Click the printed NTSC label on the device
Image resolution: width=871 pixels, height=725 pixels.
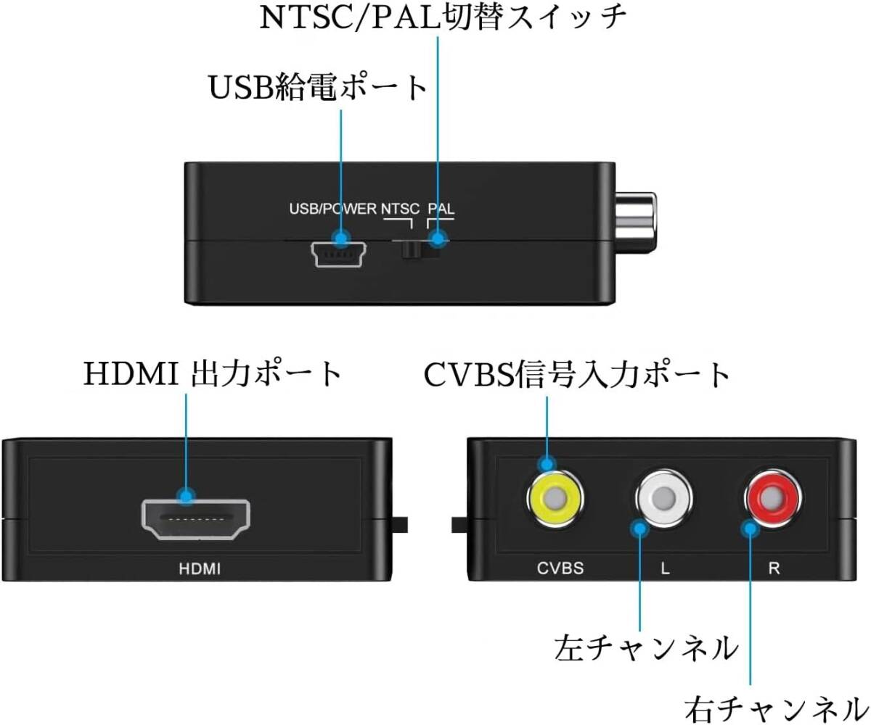point(400,210)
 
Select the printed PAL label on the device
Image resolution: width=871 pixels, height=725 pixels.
point(441,210)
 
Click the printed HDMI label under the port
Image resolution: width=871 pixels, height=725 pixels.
point(200,568)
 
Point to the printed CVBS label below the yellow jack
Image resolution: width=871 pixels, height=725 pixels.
point(560,568)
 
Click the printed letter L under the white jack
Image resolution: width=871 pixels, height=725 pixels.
point(665,568)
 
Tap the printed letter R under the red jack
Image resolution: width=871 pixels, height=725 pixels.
point(774,568)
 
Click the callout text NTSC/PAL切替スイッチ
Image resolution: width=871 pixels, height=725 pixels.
point(443,17)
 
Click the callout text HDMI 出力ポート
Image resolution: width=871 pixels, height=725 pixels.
point(213,374)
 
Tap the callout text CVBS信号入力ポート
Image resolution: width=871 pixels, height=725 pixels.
point(577,375)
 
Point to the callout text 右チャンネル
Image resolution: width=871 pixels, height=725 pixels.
point(774,706)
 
